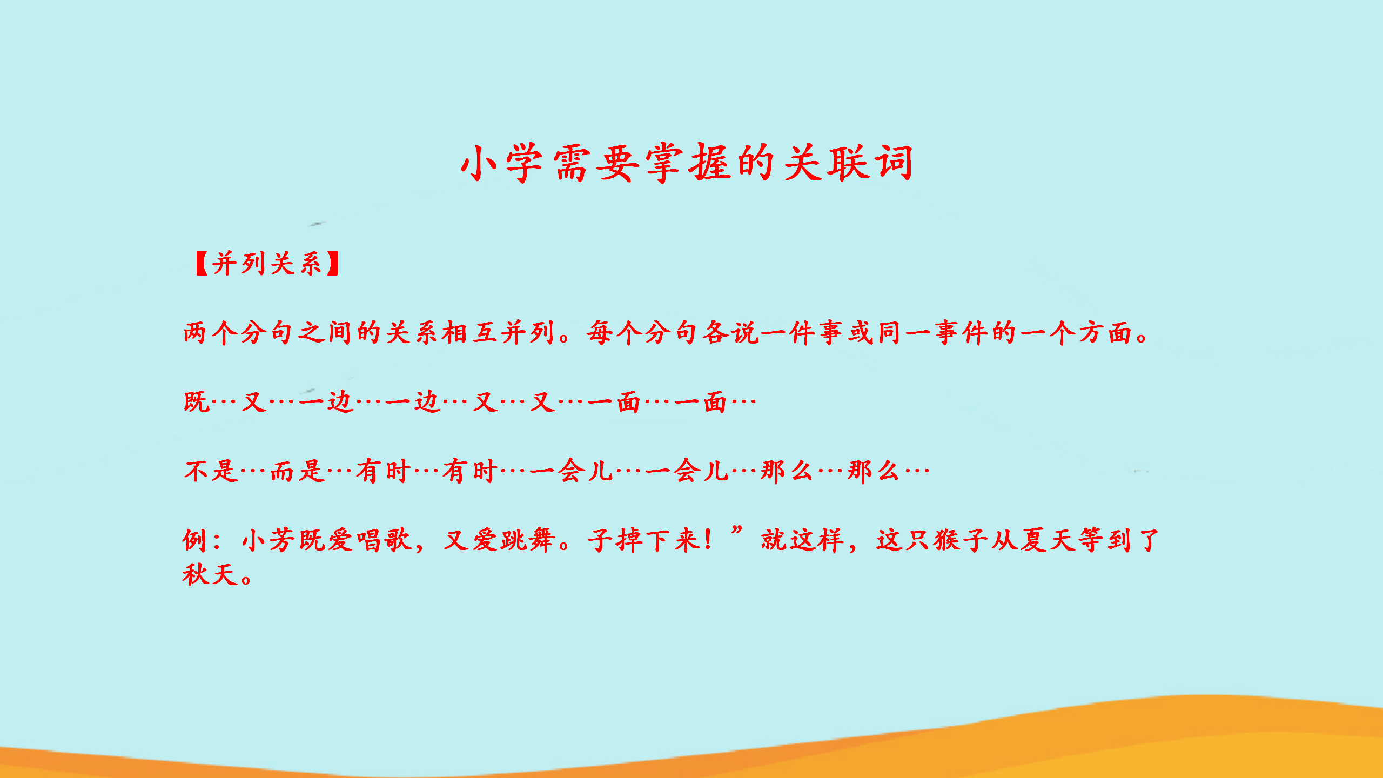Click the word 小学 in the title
coord(502,163)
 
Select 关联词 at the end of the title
coord(848,163)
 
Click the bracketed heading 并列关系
coord(267,264)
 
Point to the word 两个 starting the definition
coord(210,332)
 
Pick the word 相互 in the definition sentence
coord(469,332)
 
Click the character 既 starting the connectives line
coord(196,402)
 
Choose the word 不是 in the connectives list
coord(210,471)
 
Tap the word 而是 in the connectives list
coord(297,471)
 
